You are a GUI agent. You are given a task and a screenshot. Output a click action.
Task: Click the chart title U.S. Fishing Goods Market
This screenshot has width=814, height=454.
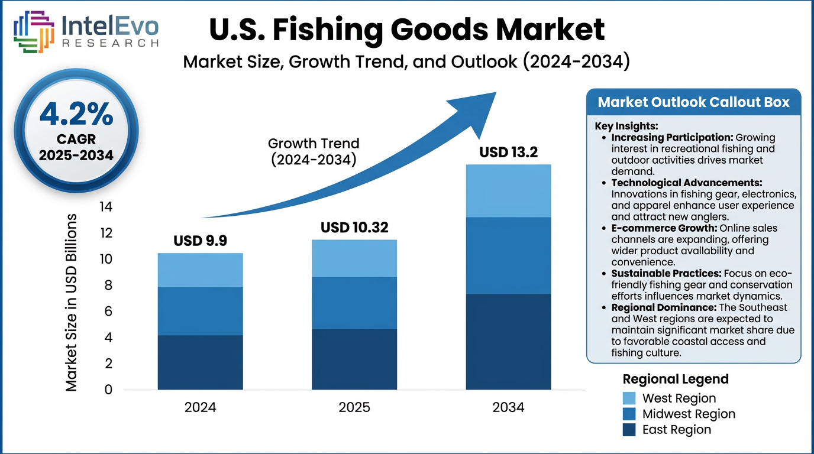pyautogui.click(x=408, y=30)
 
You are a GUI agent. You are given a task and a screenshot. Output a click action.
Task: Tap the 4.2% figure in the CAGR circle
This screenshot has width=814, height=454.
pyautogui.click(x=76, y=114)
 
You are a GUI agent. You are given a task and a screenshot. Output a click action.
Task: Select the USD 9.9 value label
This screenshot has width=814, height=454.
pyautogui.click(x=200, y=241)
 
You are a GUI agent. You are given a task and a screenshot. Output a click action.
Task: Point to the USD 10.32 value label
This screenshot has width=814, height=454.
pyautogui.click(x=354, y=228)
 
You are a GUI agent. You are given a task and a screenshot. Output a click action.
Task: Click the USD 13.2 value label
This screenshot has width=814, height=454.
pyautogui.click(x=508, y=153)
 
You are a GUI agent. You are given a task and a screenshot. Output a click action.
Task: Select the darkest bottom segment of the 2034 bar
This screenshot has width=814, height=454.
pyautogui.click(x=508, y=342)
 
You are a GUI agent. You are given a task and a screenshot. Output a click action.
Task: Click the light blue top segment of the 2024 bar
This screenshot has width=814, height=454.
pyautogui.click(x=200, y=270)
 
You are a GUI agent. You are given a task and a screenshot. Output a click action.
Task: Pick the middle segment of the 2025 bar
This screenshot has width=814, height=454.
pyautogui.click(x=354, y=303)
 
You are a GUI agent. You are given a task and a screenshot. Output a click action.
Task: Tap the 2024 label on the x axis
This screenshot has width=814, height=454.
pyautogui.click(x=200, y=407)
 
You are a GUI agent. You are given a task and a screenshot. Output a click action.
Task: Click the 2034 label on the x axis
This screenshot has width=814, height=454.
pyautogui.click(x=508, y=407)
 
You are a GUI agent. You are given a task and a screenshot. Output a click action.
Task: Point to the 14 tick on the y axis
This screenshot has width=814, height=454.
pyautogui.click(x=105, y=207)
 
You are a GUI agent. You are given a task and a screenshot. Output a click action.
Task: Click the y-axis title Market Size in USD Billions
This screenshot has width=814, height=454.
pyautogui.click(x=72, y=302)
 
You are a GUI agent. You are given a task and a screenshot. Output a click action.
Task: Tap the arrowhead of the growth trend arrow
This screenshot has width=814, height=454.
pyautogui.click(x=476, y=106)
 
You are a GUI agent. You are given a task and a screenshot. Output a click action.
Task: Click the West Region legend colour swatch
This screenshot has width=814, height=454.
pyautogui.click(x=629, y=398)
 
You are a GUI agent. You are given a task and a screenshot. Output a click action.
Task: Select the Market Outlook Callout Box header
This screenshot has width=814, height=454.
pyautogui.click(x=693, y=102)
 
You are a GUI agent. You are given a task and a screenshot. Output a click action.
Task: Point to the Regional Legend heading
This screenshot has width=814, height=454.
pyautogui.click(x=676, y=379)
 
